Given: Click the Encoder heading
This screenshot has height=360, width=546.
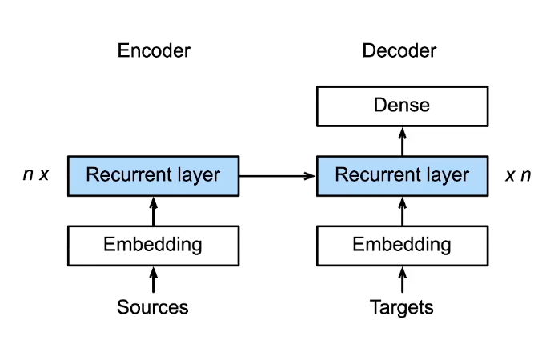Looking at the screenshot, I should pyautogui.click(x=154, y=51).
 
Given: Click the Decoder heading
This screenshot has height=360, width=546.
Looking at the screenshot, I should pyautogui.click(x=399, y=51).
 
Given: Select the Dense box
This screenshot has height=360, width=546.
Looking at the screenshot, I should pyautogui.click(x=402, y=105).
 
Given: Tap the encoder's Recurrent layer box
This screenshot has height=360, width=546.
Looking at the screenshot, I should pyautogui.click(x=153, y=175).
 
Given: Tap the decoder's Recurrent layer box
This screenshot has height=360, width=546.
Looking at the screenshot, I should pyautogui.click(x=402, y=175).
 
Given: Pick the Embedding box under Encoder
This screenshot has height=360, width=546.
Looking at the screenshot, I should pyautogui.click(x=153, y=245).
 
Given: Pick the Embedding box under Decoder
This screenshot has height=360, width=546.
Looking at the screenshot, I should pyautogui.click(x=402, y=245).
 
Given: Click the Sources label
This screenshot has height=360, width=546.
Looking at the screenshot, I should pyautogui.click(x=153, y=307).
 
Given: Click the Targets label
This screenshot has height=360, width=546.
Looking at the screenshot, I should pyautogui.click(x=402, y=307).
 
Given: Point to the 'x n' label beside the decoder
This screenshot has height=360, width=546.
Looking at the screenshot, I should pyautogui.click(x=518, y=174).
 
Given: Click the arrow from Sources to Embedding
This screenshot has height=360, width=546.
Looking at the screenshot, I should pyautogui.click(x=153, y=280).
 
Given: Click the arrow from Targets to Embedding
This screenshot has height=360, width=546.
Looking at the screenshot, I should pyautogui.click(x=402, y=280).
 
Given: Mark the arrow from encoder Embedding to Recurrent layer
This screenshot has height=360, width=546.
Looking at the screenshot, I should pyautogui.click(x=153, y=210).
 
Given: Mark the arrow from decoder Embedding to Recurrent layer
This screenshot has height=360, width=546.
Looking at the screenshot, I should pyautogui.click(x=402, y=210).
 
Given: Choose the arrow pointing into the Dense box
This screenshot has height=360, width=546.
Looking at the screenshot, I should pyautogui.click(x=402, y=141).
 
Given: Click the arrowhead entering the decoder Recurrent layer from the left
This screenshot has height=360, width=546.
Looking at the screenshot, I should pyautogui.click(x=312, y=175).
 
